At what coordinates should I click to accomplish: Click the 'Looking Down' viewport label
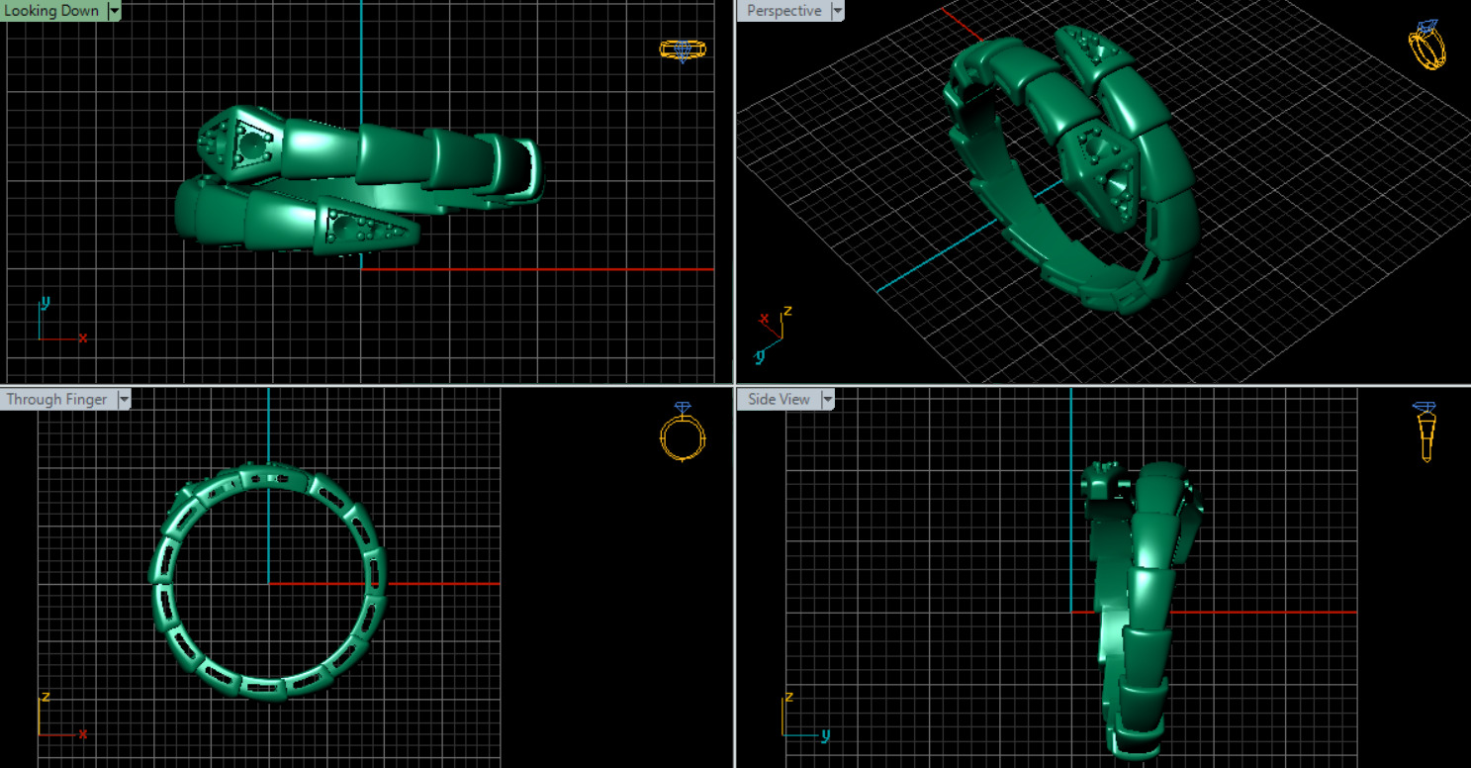[51, 11]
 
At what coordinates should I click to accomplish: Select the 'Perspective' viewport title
[783, 11]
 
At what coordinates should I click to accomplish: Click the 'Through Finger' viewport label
[56, 400]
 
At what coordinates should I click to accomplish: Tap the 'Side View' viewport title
[779, 400]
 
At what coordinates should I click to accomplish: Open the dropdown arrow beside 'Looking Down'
[115, 11]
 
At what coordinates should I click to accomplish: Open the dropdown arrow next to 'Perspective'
[838, 11]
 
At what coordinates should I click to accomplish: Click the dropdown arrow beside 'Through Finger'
[125, 400]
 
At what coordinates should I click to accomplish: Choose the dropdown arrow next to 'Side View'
[828, 400]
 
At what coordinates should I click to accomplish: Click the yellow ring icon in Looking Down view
[682, 49]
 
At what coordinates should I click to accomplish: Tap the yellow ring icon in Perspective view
[1426, 45]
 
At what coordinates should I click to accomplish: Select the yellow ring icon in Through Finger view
[682, 432]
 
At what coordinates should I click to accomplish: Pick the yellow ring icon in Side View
[1425, 432]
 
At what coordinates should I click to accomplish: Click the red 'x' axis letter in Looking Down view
[82, 338]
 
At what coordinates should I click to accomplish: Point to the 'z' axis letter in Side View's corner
[788, 698]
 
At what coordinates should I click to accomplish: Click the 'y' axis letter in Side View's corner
[825, 735]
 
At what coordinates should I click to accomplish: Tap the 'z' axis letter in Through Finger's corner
[45, 698]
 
